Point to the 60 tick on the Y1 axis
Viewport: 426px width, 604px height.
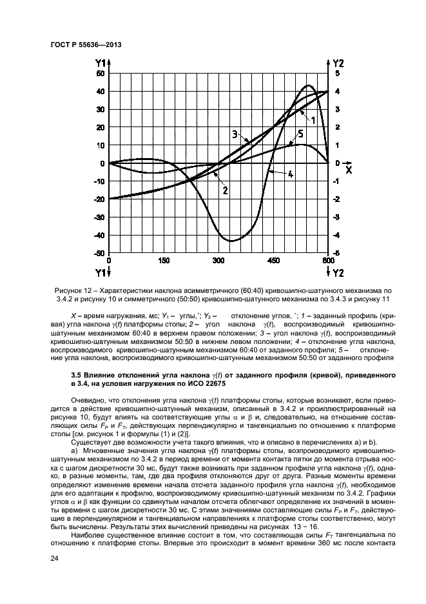click(x=101, y=74)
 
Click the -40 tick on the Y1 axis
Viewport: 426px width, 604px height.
click(x=99, y=236)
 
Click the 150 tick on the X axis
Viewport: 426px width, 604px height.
click(x=164, y=261)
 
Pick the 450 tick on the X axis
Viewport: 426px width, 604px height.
click(x=273, y=261)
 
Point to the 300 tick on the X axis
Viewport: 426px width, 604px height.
click(x=218, y=261)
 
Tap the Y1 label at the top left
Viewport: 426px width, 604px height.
click(x=101, y=63)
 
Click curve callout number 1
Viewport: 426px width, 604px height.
click(x=312, y=120)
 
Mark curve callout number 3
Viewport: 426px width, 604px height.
click(x=235, y=134)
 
